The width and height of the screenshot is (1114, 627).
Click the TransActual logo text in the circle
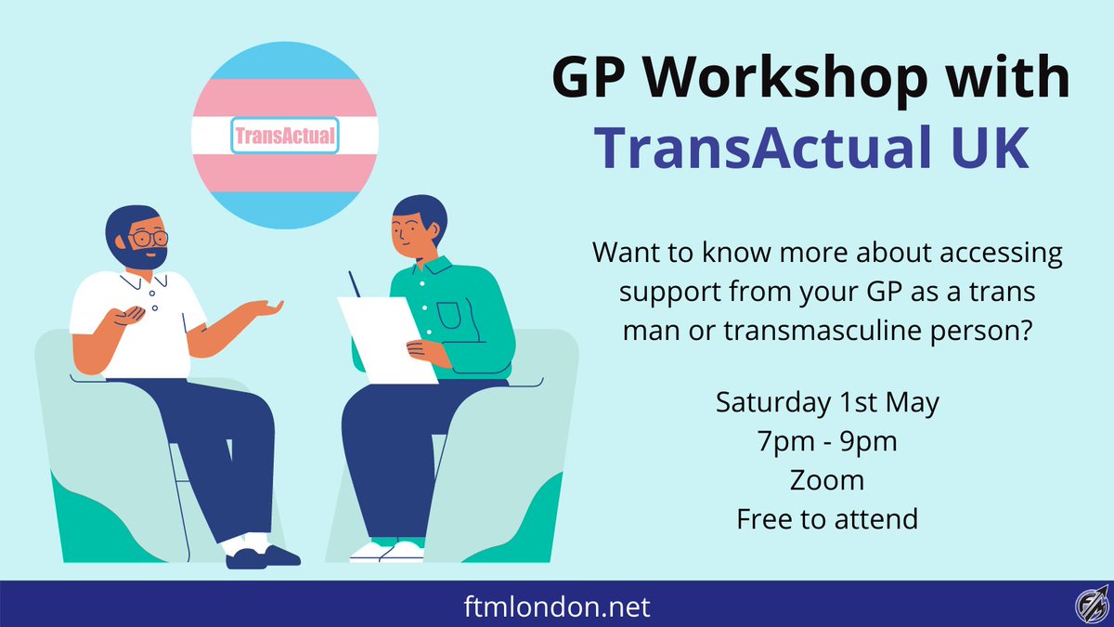click(x=285, y=137)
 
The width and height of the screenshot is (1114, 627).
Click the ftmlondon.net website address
click(x=556, y=608)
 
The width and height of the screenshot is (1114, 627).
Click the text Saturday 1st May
click(x=827, y=403)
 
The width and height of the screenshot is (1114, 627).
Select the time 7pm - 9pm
click(x=827, y=441)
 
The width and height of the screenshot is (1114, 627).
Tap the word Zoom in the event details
click(x=827, y=480)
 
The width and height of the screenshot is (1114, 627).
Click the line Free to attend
click(x=827, y=518)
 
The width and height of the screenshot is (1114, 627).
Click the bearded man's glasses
click(x=145, y=239)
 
